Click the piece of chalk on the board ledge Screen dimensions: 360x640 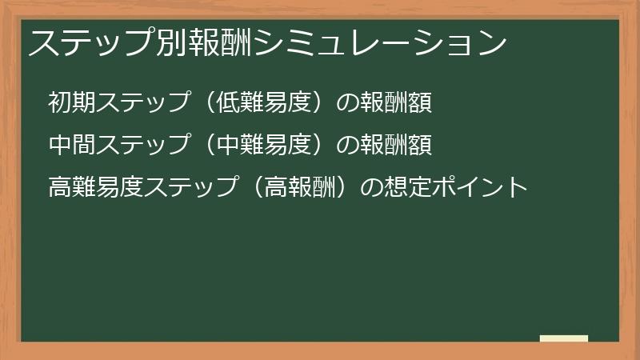click(564, 338)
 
